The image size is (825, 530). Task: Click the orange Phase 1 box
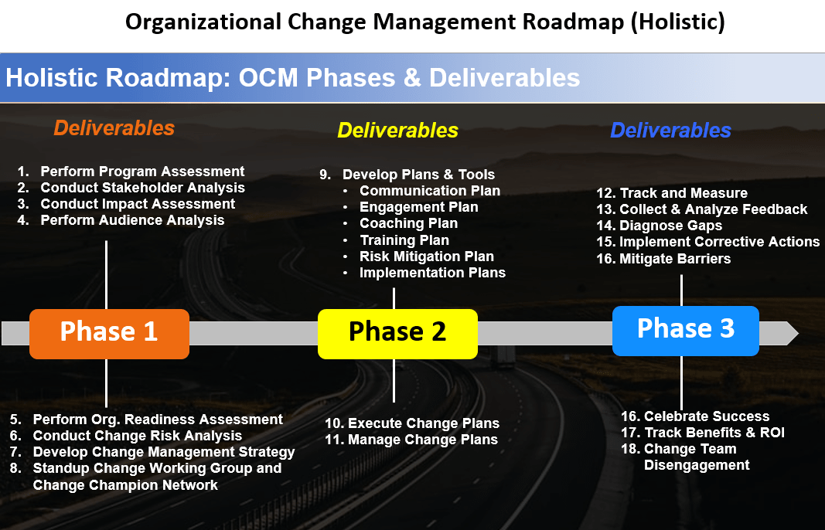point(110,334)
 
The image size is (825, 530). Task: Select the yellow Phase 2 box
point(397,334)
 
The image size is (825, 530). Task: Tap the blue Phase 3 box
point(686,331)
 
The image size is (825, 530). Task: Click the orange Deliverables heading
point(114,128)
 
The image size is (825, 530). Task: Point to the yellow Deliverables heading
point(397,131)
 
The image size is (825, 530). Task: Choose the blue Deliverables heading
point(671,131)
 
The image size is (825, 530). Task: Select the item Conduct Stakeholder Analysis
point(142,188)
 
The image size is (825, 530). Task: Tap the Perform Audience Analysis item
point(132,220)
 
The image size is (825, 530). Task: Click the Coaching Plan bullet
point(409,223)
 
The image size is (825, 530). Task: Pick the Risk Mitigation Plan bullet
point(427,257)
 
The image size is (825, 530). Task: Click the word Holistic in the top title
point(677,22)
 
